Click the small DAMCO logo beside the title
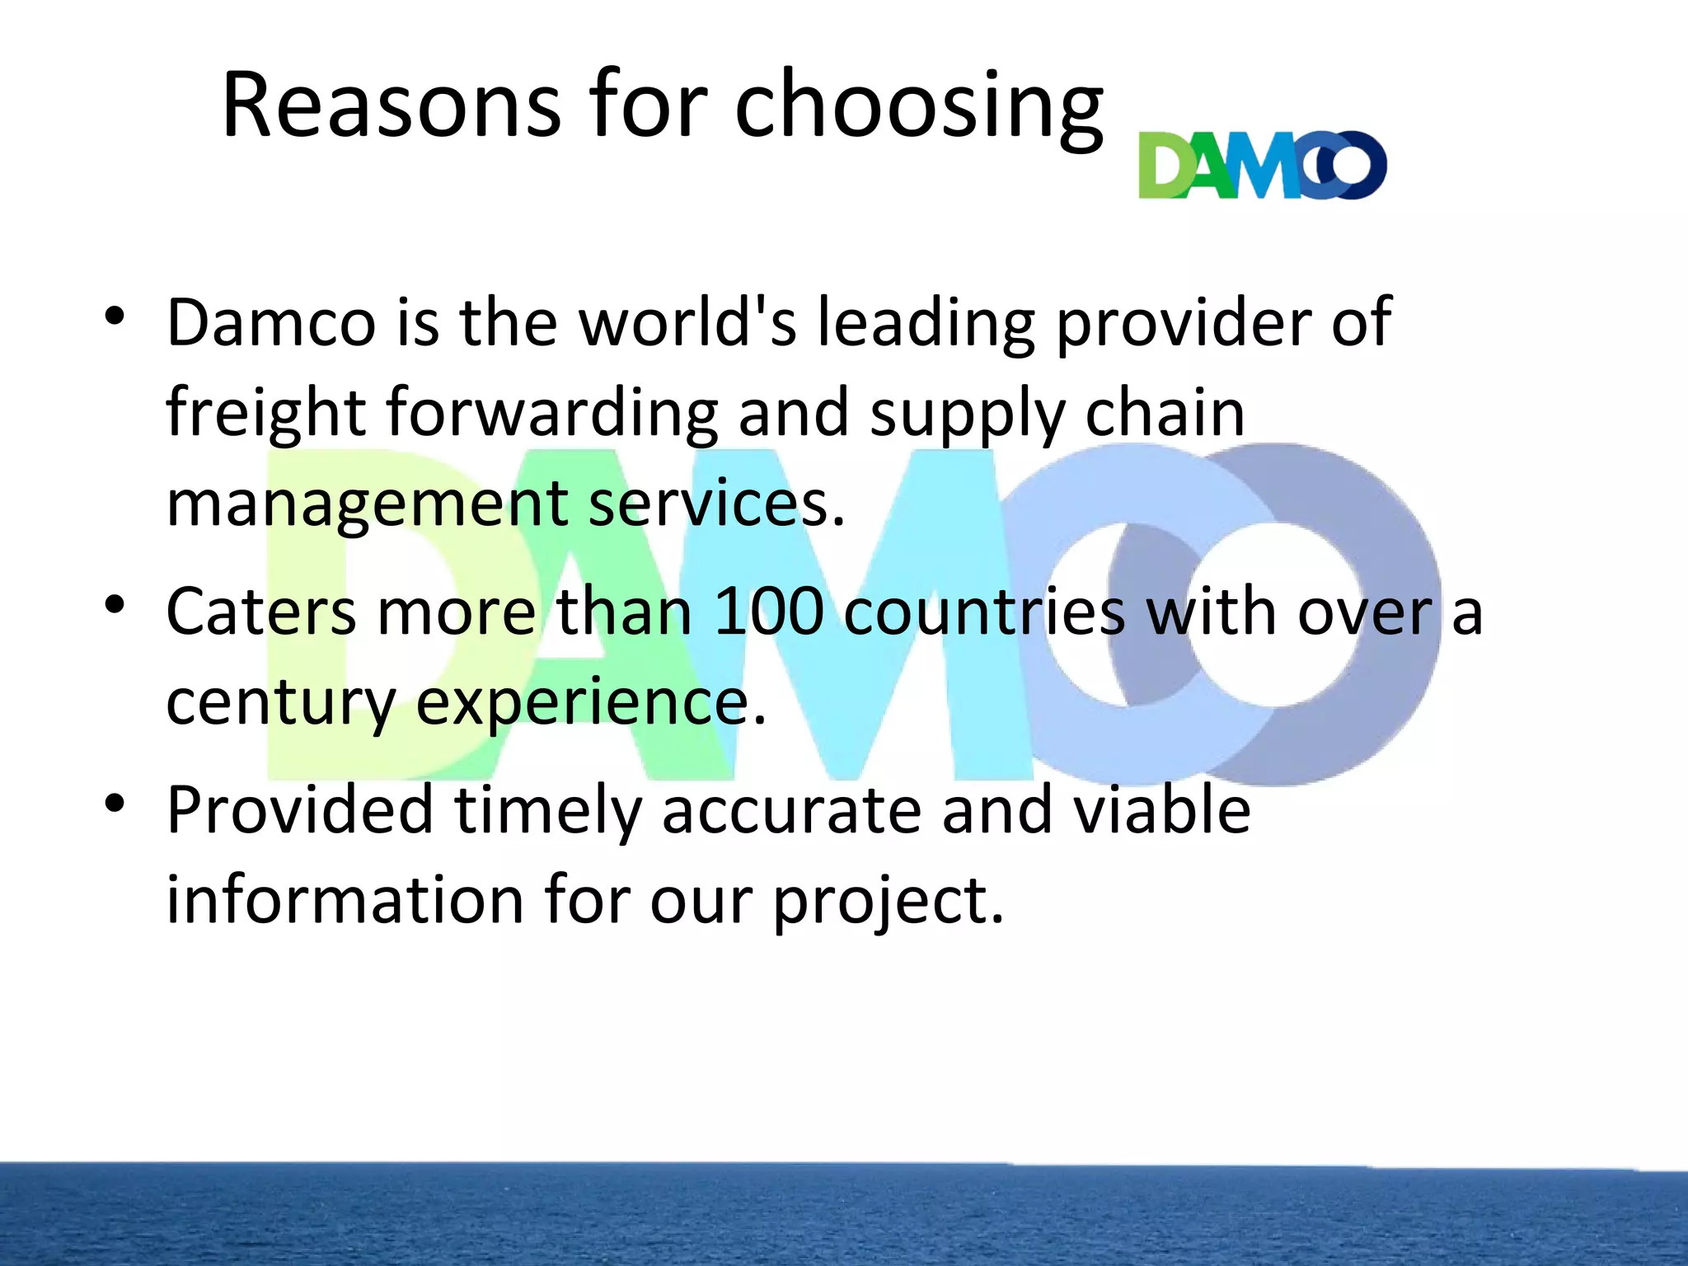point(1262,165)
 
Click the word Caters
point(262,612)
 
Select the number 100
point(769,612)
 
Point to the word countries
point(984,612)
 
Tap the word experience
point(590,703)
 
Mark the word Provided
point(300,810)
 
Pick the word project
point(888,902)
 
